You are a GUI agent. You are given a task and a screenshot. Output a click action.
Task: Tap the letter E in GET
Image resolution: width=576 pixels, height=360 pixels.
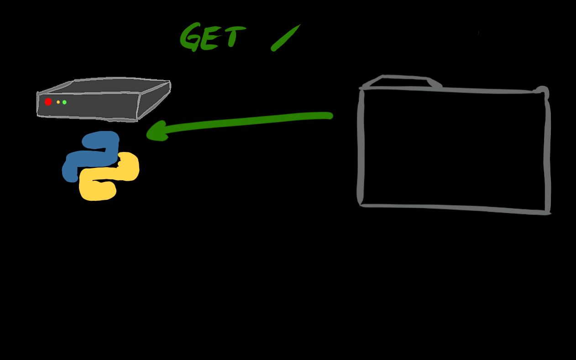(x=210, y=39)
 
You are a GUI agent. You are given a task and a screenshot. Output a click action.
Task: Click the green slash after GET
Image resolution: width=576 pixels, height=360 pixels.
(x=286, y=37)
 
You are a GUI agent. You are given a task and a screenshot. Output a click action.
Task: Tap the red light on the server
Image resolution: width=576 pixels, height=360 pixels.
(x=48, y=102)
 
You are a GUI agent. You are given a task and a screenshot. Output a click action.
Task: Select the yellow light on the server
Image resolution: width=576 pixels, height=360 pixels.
(x=58, y=102)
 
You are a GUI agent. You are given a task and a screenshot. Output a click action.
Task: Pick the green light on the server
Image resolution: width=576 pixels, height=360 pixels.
(x=64, y=102)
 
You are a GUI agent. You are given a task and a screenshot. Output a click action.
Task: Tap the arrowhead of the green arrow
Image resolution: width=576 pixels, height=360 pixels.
(x=155, y=132)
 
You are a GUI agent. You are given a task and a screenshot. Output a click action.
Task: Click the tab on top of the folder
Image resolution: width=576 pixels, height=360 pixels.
(x=402, y=81)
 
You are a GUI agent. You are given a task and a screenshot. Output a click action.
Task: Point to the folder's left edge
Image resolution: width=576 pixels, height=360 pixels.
(x=361, y=146)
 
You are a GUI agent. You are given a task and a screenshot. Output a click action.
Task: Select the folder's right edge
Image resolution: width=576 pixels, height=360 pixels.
(x=547, y=151)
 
